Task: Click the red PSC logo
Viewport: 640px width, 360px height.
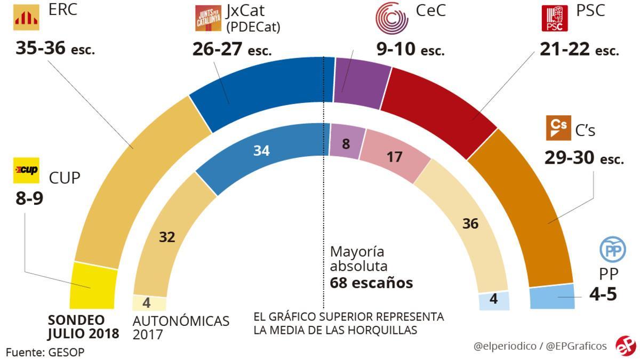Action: click(555, 18)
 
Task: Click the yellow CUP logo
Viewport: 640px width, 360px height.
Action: click(26, 169)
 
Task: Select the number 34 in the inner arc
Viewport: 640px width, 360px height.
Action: click(261, 151)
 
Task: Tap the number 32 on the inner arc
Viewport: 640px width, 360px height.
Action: click(167, 237)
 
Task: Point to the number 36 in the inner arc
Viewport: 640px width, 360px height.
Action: click(470, 224)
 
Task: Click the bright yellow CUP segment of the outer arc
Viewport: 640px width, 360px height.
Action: click(93, 286)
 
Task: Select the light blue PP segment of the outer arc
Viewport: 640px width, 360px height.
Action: click(553, 297)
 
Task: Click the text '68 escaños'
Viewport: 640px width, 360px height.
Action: click(371, 283)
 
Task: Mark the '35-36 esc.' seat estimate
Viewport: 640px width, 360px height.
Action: click(55, 49)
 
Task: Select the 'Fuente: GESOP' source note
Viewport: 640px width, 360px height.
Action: click(45, 352)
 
